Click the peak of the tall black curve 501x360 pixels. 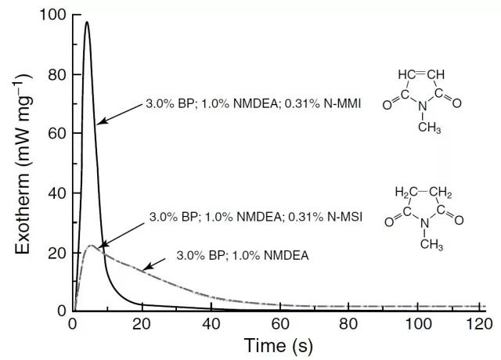[x=87, y=22]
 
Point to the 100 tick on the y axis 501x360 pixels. [x=54, y=15]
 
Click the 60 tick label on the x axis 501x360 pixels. [x=278, y=324]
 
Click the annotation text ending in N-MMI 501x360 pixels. [x=253, y=103]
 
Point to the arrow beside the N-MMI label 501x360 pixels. [x=119, y=113]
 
